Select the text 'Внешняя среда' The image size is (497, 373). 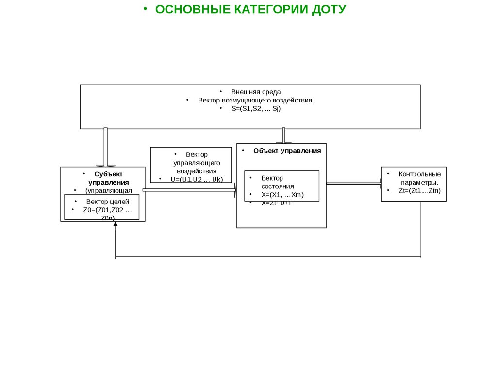click(256, 92)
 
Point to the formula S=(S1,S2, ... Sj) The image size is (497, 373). click(256, 109)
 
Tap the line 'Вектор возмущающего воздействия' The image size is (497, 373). click(255, 100)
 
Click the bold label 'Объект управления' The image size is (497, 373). click(287, 151)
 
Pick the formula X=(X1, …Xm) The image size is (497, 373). click(282, 194)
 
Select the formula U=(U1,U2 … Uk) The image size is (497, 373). click(197, 179)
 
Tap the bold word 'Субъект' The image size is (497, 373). click(108, 174)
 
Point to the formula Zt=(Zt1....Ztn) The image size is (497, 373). click(419, 191)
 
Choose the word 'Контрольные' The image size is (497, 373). click(419, 174)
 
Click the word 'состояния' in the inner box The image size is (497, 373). click(277, 186)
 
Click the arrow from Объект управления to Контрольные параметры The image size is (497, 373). click(354, 184)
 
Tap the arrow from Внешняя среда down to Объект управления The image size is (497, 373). click(284, 136)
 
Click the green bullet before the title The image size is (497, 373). click(145, 9)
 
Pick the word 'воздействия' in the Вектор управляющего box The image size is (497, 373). click(197, 171)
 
